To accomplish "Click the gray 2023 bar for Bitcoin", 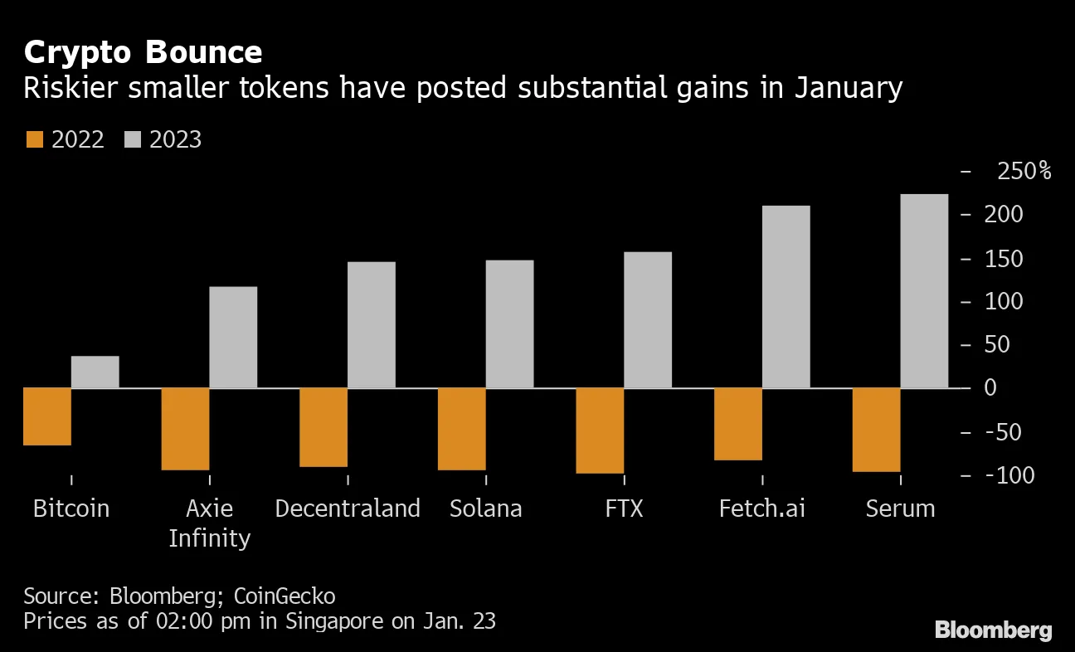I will (x=95, y=372).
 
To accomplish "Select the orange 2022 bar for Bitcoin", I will (x=47, y=416).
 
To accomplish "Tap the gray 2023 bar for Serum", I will (x=924, y=290).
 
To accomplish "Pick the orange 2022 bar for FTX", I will (x=600, y=431).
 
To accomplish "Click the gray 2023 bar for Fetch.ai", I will (x=786, y=296).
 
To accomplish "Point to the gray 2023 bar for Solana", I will (x=509, y=324).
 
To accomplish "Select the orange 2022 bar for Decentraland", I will (x=323, y=427).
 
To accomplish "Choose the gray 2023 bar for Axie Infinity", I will (x=233, y=337).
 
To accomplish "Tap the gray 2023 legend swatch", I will (x=133, y=139).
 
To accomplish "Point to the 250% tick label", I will (x=1024, y=172).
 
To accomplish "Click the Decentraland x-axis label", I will (x=348, y=508).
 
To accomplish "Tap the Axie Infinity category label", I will (x=209, y=523).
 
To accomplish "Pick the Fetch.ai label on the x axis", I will (x=761, y=508).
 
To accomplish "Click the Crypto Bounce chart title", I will (x=143, y=52).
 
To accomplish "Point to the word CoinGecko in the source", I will (x=285, y=596).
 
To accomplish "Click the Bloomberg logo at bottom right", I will (x=993, y=630).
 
